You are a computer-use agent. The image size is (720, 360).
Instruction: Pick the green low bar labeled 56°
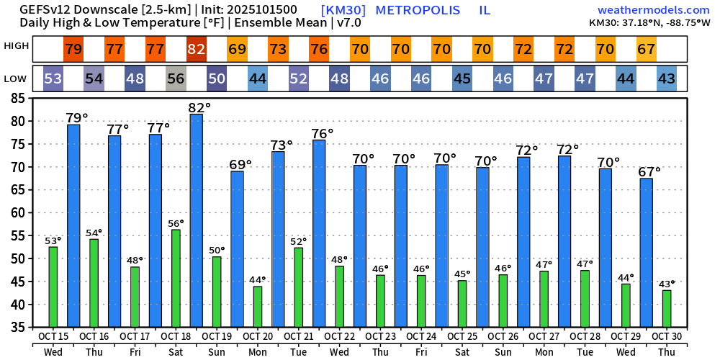(x=176, y=278)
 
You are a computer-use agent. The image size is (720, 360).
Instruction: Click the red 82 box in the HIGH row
(x=196, y=50)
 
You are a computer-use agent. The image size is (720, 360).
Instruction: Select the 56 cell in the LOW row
(x=176, y=78)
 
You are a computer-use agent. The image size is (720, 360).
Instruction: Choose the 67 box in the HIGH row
(x=646, y=50)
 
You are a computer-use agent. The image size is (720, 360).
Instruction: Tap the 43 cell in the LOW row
(x=667, y=78)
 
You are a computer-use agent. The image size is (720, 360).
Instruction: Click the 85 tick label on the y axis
(x=22, y=98)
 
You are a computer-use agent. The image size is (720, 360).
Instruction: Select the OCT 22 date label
(x=339, y=336)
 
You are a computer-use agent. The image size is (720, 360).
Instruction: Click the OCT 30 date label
(x=666, y=336)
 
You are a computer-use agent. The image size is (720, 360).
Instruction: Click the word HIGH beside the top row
(x=17, y=46)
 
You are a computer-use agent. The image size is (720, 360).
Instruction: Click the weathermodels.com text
(x=654, y=10)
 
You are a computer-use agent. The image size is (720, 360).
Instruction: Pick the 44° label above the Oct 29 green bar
(x=626, y=277)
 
